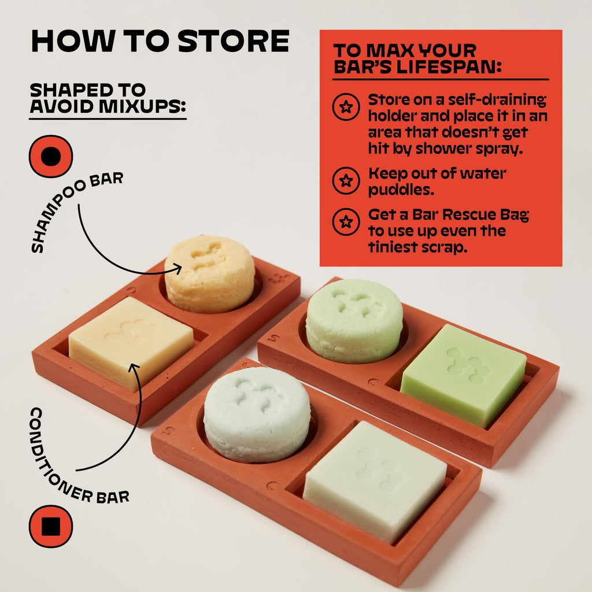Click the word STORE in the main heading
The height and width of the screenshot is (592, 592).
click(234, 40)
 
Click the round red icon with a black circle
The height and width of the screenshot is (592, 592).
click(51, 156)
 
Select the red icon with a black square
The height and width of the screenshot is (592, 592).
click(51, 526)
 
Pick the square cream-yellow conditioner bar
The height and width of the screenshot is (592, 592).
click(131, 343)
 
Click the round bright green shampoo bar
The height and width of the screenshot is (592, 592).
click(354, 320)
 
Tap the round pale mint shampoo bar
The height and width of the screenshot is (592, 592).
click(257, 414)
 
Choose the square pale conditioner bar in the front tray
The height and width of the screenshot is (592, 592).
click(375, 482)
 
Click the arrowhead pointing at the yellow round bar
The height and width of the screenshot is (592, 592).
click(177, 269)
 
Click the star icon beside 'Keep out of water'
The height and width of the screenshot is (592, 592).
click(346, 180)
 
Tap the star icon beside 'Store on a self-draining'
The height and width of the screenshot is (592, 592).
click(346, 107)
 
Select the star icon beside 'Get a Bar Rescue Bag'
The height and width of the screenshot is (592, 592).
click(346, 221)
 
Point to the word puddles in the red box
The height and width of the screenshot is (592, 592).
click(401, 190)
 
